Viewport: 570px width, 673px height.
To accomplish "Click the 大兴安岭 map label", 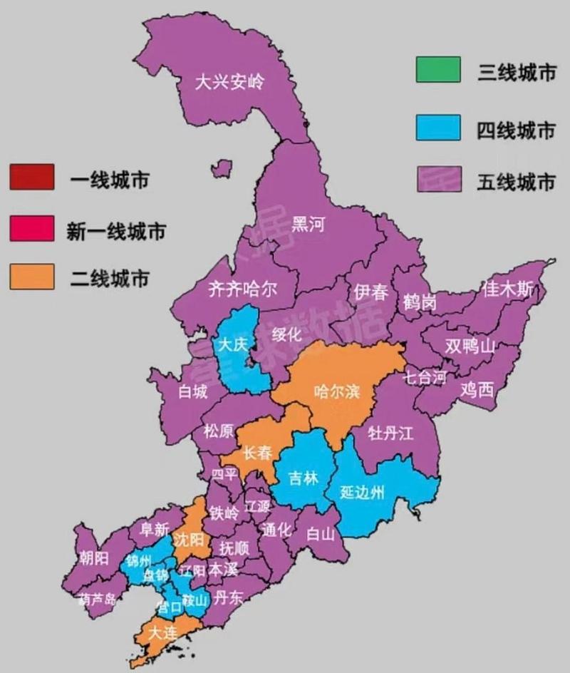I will pos(229,82).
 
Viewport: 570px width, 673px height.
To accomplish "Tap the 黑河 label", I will pos(308,225).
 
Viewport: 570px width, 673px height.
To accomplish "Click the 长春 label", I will pos(257,453).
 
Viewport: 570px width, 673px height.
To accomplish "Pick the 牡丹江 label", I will pos(391,433).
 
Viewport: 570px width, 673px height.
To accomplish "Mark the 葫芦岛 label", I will pos(98,599).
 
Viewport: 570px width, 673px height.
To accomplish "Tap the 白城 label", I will pos(193,391).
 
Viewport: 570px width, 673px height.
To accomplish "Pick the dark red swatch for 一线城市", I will pos(31,178).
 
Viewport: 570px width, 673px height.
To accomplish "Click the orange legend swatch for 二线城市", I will pos(31,277).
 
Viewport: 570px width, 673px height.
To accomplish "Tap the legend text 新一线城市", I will pos(116,231).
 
